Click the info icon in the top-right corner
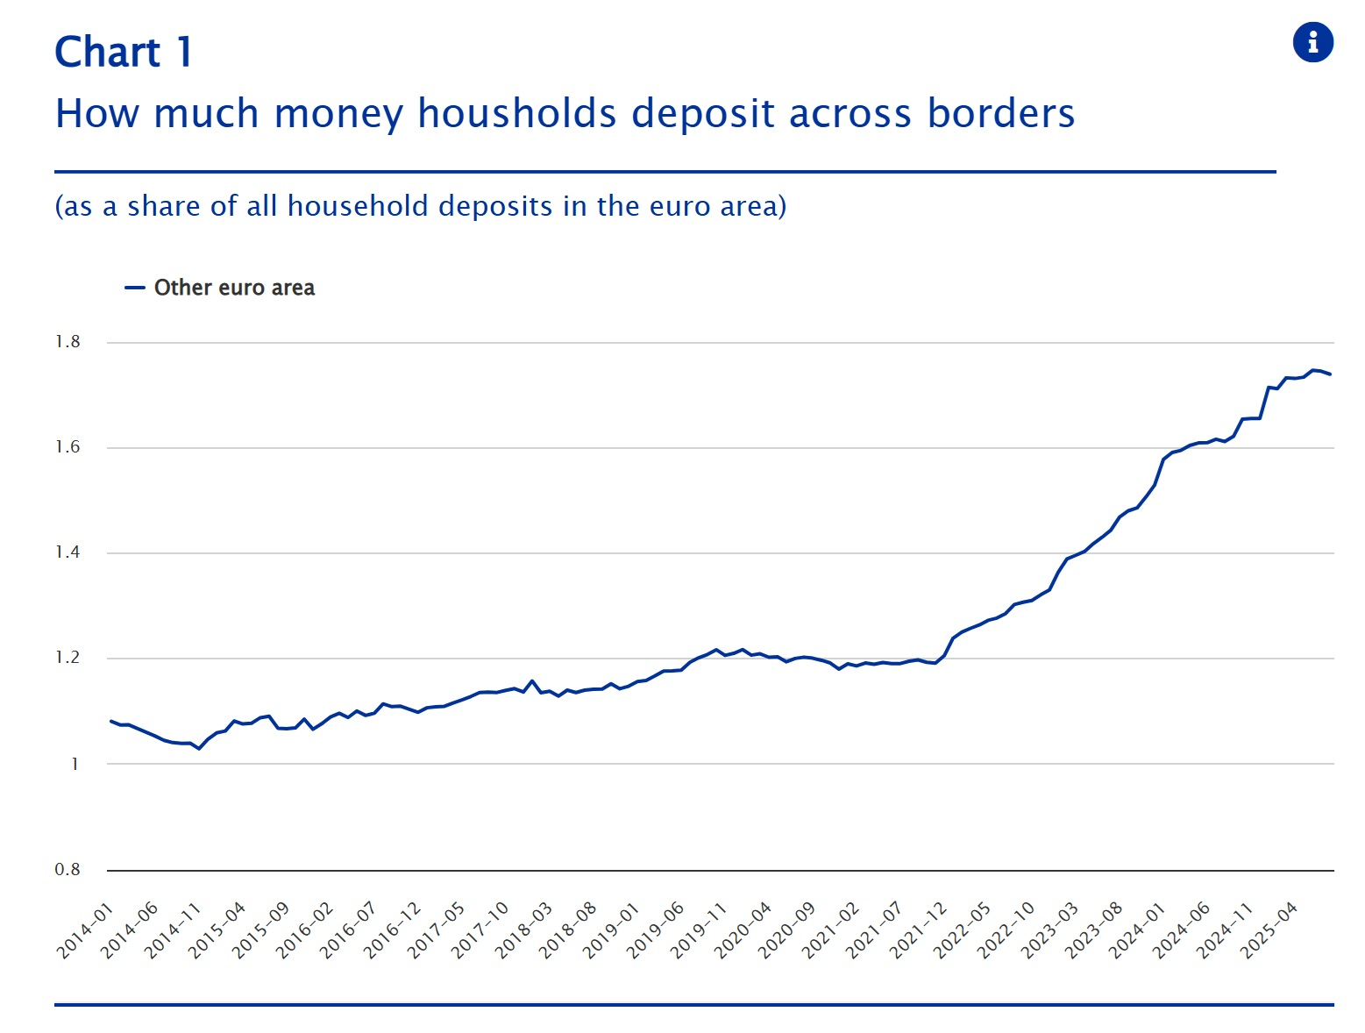click(x=1312, y=42)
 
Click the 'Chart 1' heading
click(x=123, y=52)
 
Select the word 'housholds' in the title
click(x=517, y=114)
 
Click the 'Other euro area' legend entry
click(x=233, y=288)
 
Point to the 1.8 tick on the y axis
click(x=68, y=342)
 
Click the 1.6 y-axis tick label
click(x=68, y=447)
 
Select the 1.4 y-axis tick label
click(x=68, y=552)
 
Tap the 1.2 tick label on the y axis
click(x=68, y=658)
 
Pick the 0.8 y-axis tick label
click(x=68, y=870)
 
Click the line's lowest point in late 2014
click(x=199, y=748)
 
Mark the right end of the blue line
click(x=1330, y=374)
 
